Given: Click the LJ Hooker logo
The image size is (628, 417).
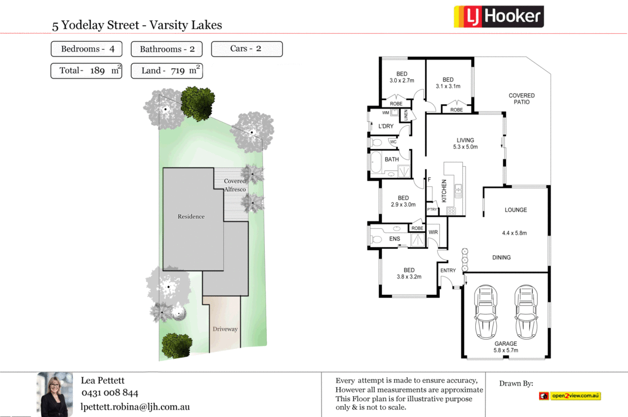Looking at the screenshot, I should [x=498, y=16].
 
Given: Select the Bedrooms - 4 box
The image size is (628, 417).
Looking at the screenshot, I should [x=86, y=49].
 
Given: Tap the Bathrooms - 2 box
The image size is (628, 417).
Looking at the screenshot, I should [x=167, y=49].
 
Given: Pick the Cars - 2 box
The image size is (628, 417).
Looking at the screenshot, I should [x=247, y=49].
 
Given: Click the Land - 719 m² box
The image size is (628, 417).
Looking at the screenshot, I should [x=167, y=71].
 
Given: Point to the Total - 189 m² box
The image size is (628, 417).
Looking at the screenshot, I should [x=86, y=71].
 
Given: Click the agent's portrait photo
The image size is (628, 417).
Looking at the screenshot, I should [x=55, y=394].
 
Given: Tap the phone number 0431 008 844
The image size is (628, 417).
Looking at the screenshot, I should [x=110, y=393].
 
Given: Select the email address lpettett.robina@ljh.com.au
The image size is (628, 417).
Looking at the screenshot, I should [x=135, y=406].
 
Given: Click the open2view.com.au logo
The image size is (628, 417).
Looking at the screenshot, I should [x=570, y=396].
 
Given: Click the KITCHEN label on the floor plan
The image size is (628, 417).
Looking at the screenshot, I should [x=445, y=191].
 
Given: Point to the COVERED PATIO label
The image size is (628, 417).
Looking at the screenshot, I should [x=521, y=99].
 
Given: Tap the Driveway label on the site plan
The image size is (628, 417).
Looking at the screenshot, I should [x=225, y=329].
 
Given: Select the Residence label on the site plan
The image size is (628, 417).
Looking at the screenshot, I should [x=191, y=216].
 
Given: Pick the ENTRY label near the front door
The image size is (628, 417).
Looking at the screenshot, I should [x=448, y=270].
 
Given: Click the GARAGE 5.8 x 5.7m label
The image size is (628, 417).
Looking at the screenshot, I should [x=505, y=347].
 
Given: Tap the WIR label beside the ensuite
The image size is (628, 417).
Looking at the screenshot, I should [x=433, y=232].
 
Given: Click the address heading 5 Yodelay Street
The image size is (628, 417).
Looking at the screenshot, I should [x=137, y=25].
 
